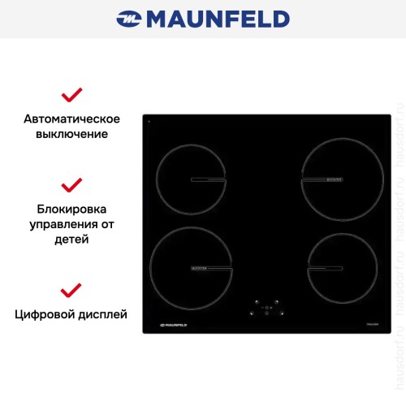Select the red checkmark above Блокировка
(72, 184)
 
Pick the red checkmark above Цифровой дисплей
(72, 289)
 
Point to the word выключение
(72, 134)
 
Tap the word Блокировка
(72, 209)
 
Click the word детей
(72, 240)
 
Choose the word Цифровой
(44, 313)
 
